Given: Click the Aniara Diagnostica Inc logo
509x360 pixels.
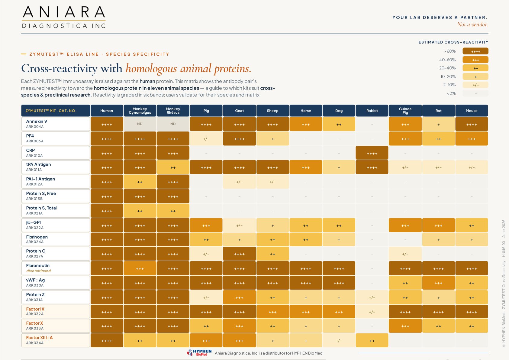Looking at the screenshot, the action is click(64, 17).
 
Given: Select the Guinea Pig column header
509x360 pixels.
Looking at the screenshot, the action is click(405, 111).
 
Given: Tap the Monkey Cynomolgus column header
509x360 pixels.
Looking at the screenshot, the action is click(140, 111).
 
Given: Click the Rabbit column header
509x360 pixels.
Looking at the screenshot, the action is click(372, 111).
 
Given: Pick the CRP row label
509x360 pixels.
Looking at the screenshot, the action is click(56, 153).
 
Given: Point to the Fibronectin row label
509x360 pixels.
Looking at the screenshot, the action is click(56, 268).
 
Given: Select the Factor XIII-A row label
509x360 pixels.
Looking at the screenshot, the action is click(56, 340).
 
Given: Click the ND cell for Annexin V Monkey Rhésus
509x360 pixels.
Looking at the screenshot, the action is click(173, 124).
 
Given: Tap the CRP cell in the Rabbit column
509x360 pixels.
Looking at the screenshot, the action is click(372, 153).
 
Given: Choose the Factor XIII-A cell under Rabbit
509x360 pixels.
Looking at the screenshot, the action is click(372, 340).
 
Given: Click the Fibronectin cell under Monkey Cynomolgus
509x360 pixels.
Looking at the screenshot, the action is click(140, 268).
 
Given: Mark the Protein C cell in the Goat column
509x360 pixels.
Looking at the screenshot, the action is click(239, 254).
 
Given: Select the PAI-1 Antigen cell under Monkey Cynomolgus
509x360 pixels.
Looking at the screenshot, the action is click(140, 182).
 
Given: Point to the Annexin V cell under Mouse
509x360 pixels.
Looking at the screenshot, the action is click(472, 124).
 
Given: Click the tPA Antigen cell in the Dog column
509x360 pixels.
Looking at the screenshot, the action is click(339, 167).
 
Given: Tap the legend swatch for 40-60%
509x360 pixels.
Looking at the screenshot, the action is click(475, 60).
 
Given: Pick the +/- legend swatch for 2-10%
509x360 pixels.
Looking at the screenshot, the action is click(475, 85).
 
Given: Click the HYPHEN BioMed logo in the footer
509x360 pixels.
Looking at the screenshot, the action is click(199, 353).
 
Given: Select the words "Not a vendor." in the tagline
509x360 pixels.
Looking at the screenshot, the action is click(473, 24).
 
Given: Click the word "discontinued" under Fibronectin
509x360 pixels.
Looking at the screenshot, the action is click(38, 271).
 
